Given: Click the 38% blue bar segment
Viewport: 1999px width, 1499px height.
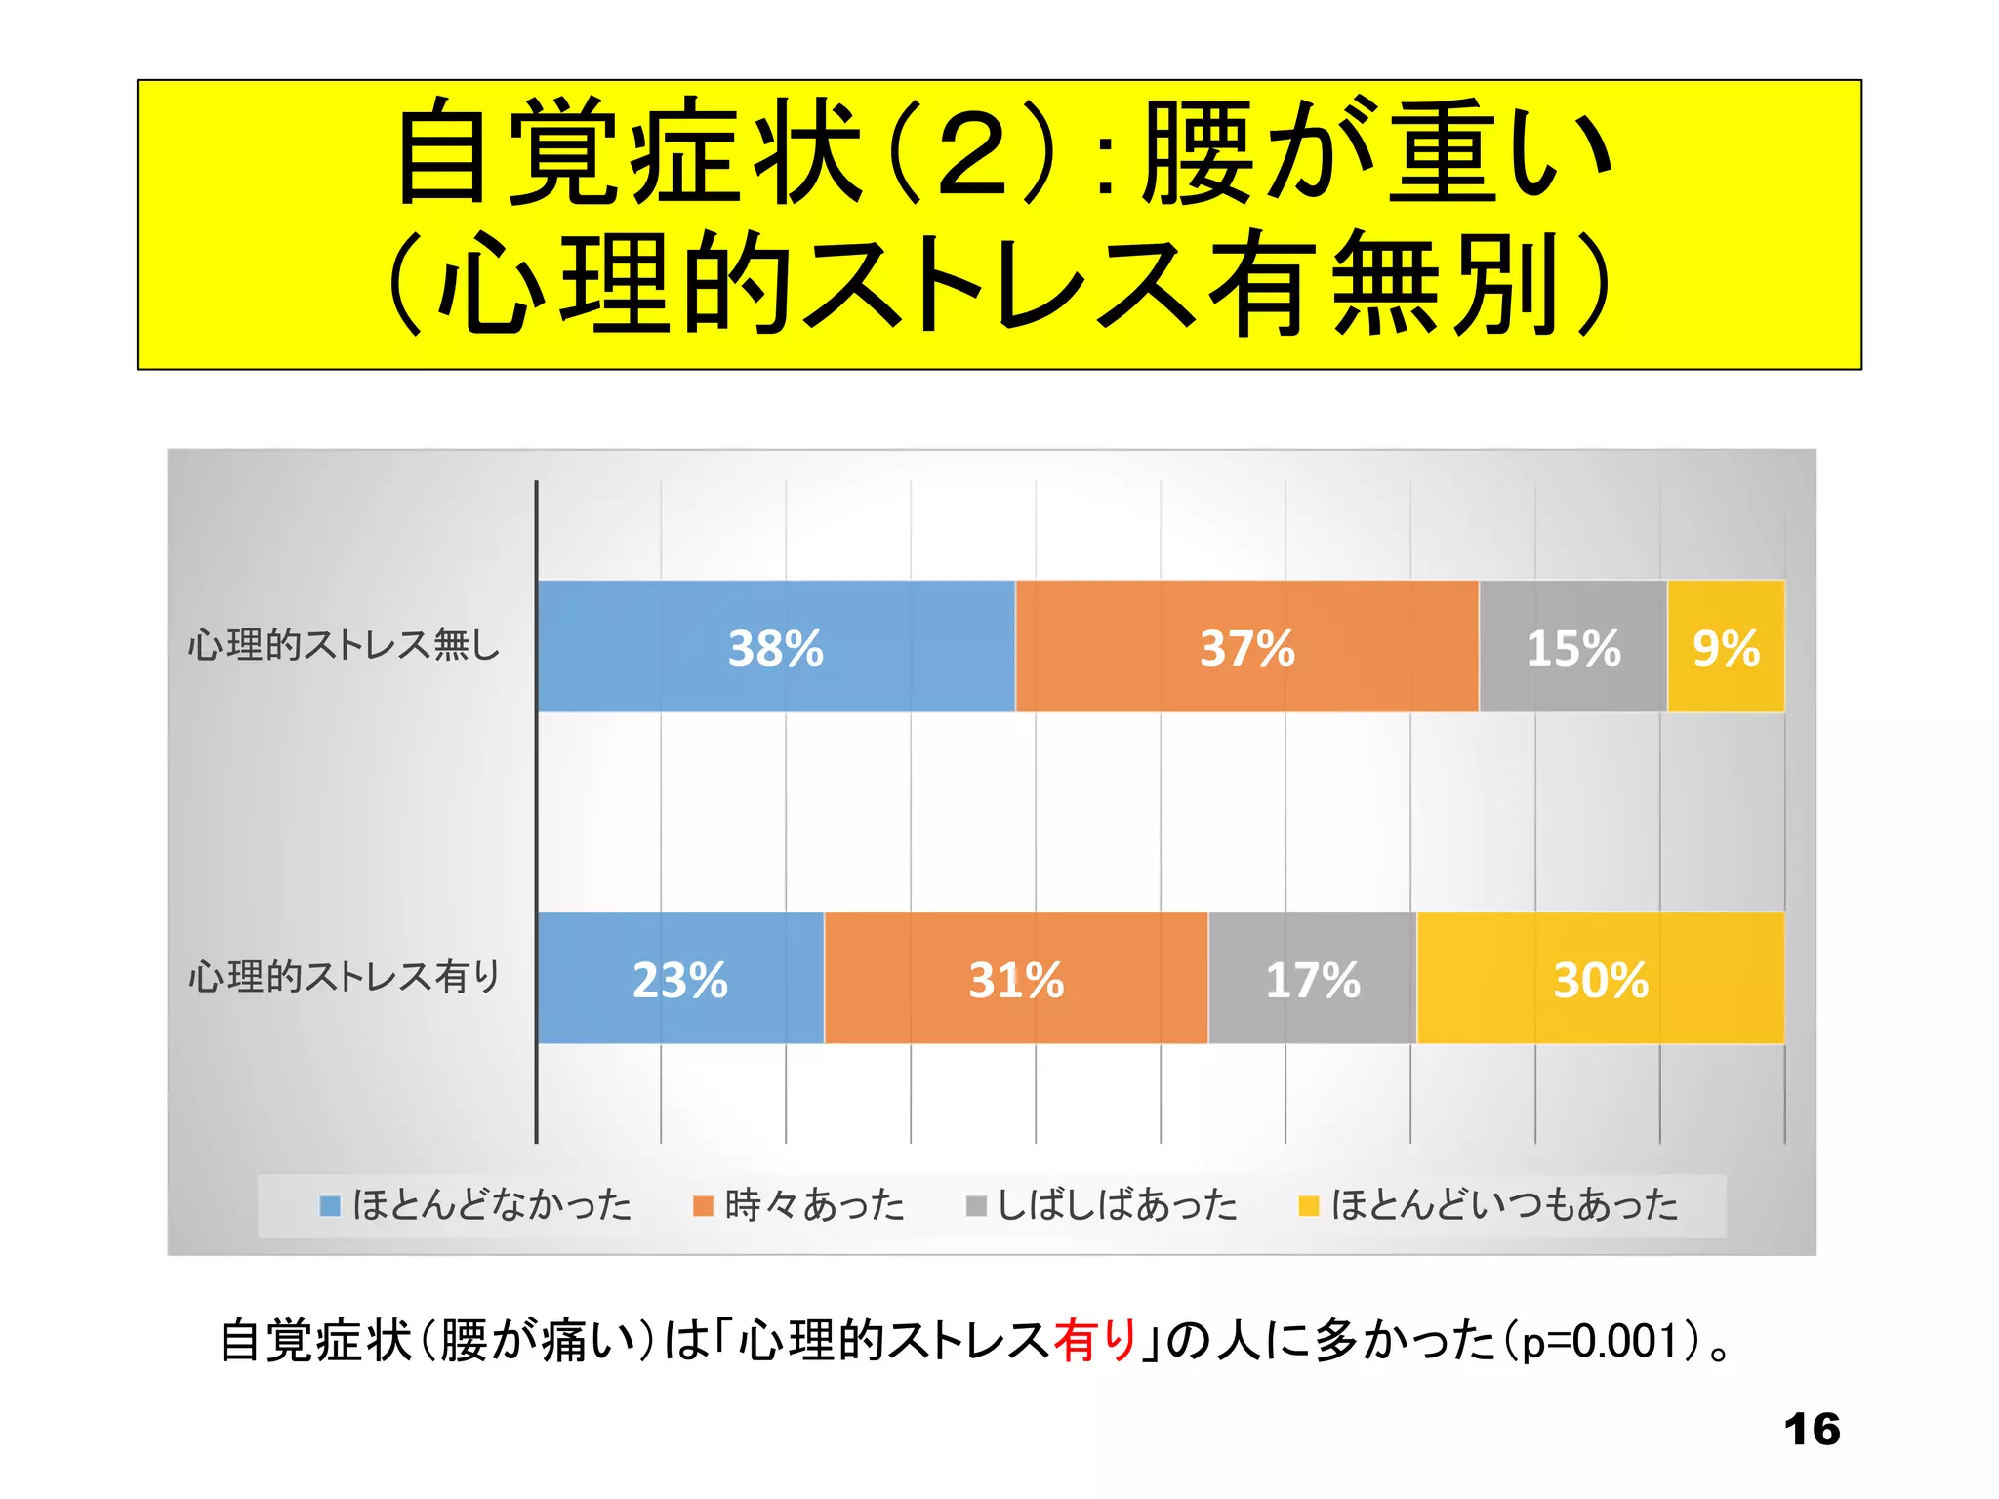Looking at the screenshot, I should click(x=776, y=646).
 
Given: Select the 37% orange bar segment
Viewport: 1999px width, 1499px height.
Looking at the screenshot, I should click(x=1246, y=646).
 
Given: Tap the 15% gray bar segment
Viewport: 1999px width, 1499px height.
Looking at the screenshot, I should click(x=1572, y=646).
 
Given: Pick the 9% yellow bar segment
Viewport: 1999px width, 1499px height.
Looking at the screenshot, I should click(x=1726, y=646).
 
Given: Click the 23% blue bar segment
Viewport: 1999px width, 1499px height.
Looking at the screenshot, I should click(x=680, y=978).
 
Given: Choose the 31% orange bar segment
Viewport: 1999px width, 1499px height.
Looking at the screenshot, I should click(x=1015, y=978).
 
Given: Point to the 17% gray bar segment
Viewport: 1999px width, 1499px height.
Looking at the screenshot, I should click(x=1312, y=978).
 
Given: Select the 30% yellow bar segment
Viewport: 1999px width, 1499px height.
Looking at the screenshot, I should click(x=1600, y=978).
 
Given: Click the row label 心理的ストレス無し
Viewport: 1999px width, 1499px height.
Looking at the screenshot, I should click(x=344, y=645).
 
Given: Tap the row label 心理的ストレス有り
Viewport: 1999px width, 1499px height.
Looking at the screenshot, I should click(x=344, y=976).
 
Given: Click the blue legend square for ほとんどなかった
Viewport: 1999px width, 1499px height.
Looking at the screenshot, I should click(x=330, y=1206).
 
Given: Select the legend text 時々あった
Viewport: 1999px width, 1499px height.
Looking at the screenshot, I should click(x=814, y=1205).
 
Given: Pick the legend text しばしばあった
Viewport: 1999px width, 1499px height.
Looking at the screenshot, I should click(x=1117, y=1205).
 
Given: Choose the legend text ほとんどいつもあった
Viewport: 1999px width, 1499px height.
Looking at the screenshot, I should click(x=1504, y=1205).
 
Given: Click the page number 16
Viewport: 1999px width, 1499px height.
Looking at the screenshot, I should click(x=1812, y=1430).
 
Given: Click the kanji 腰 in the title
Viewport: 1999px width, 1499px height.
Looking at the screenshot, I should click(x=1199, y=153).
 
